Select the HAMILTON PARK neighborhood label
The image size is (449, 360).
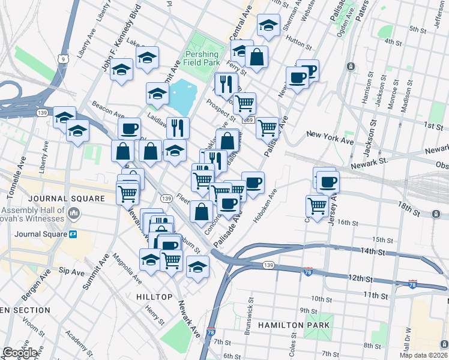pyautogui.click(x=294, y=325)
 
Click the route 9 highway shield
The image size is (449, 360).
pyautogui.click(x=62, y=59)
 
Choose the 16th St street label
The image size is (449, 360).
pyautogui.click(x=347, y=222)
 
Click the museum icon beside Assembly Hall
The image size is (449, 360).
pyautogui.click(x=74, y=213)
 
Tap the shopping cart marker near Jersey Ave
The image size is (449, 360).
pyautogui.click(x=317, y=205)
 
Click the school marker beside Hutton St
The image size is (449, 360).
pyautogui.click(x=268, y=25)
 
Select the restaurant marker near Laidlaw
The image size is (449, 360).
pyautogui.click(x=178, y=127)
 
